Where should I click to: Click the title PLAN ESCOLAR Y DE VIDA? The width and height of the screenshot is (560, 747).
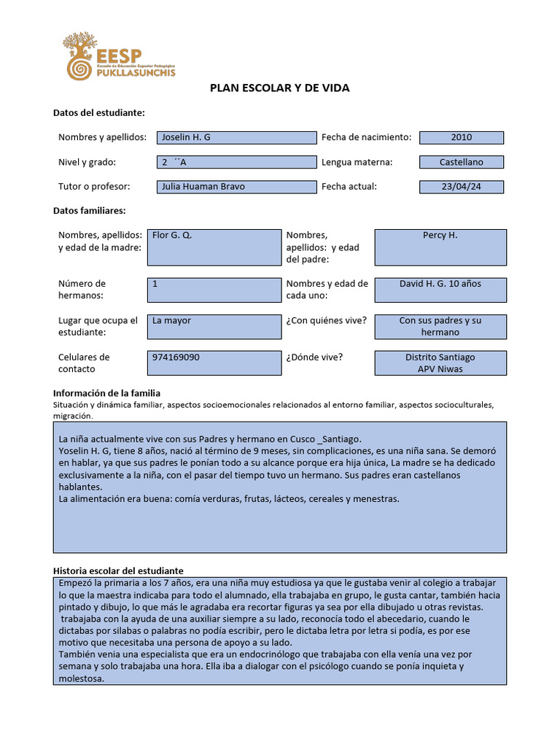[x=280, y=88]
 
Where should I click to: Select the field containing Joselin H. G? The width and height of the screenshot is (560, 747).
[x=237, y=138]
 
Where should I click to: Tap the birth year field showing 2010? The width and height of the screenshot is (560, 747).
[x=462, y=138]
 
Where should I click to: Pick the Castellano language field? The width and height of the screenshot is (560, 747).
[x=462, y=163]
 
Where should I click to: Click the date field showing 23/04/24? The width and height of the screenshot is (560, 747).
[x=462, y=187]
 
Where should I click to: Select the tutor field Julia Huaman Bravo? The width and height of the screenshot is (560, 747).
[x=237, y=187]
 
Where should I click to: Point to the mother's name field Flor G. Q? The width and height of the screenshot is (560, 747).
[x=214, y=247]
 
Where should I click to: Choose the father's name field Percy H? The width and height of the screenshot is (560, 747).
[x=440, y=247]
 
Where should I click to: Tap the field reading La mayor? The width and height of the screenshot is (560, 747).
[x=214, y=327]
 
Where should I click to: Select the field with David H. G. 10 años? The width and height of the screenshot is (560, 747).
[x=440, y=290]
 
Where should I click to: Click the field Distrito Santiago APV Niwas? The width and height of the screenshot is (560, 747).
[x=440, y=363]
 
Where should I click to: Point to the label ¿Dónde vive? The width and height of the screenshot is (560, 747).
[x=314, y=357]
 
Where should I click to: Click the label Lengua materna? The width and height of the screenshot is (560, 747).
[x=357, y=163]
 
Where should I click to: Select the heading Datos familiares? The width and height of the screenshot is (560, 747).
[x=90, y=211]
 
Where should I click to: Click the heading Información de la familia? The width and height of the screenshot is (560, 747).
[x=106, y=393]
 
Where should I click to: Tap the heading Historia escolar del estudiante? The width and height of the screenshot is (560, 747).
[x=118, y=570]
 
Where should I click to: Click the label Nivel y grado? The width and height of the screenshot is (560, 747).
[x=87, y=163]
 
